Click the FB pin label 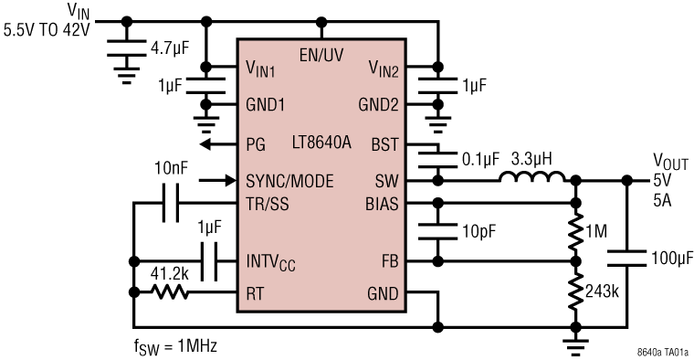point(388,260)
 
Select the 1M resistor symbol point(574,232)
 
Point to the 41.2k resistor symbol point(172,293)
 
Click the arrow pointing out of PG point(211,144)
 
